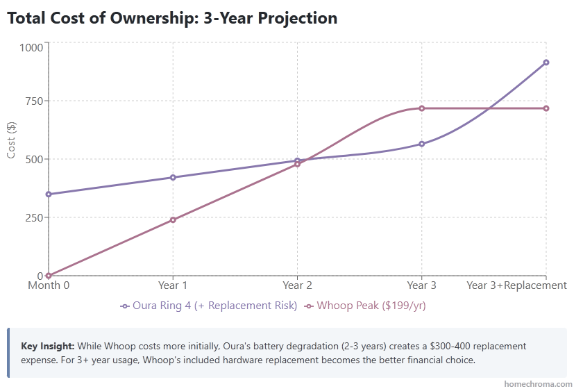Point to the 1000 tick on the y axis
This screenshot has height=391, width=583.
[31, 47]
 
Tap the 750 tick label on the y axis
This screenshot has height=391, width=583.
[33, 101]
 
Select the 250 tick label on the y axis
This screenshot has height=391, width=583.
[33, 217]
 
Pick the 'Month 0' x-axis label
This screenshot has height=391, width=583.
[49, 285]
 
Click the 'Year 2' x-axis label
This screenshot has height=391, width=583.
[297, 285]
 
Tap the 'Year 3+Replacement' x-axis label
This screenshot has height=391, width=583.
[517, 285]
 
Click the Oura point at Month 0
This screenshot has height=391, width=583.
[49, 194]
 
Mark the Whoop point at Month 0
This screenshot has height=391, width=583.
[49, 276]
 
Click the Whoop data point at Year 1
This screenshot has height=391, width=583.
[173, 219]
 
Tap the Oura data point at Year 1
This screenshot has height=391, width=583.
[173, 177]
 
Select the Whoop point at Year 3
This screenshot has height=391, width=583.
[421, 108]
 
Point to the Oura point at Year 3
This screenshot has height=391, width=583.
[421, 144]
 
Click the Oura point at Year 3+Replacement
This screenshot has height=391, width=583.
[546, 63]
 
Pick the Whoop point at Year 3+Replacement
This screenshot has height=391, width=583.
[546, 108]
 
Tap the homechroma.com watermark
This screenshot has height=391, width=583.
[538, 383]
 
